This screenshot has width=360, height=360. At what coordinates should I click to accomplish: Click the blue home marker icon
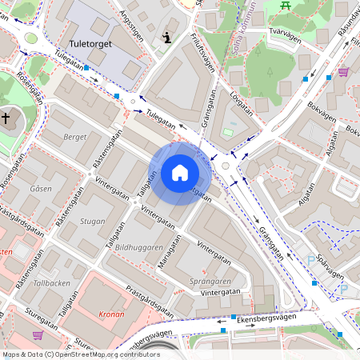180,173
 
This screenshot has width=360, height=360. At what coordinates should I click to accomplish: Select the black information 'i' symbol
166,37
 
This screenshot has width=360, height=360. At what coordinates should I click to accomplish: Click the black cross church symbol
6,118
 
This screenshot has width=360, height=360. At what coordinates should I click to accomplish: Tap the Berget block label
74,138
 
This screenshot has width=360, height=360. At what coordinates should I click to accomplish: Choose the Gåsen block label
40,188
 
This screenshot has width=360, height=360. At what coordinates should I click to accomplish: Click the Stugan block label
93,222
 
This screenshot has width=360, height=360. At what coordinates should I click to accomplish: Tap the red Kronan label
110,314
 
